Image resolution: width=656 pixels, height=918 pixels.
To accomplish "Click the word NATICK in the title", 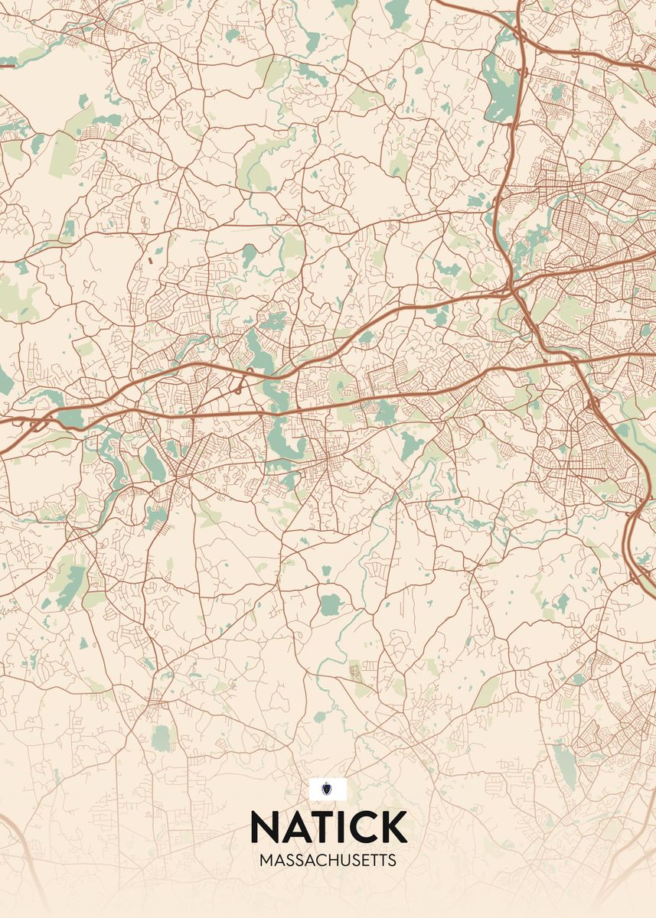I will click(328, 826).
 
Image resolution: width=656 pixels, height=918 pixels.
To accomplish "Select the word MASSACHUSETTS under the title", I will click(328, 861).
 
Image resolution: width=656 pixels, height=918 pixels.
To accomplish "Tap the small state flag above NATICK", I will click(328, 789).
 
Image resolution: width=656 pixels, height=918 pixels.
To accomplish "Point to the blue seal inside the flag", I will click(328, 789).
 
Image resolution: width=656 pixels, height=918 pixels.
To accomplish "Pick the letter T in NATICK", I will click(321, 826).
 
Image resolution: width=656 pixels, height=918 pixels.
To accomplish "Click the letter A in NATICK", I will click(295, 826).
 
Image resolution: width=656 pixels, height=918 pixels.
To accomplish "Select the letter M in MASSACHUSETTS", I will click(266, 861).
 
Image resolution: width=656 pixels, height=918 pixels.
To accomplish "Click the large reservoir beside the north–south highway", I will click(502, 92).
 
